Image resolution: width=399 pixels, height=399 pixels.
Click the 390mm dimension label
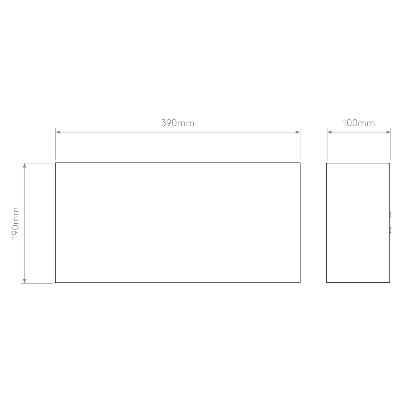pyautogui.click(x=178, y=123)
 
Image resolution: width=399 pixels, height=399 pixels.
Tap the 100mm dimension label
pyautogui.click(x=359, y=123)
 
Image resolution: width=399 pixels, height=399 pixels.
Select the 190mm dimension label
pyautogui.click(x=16, y=223)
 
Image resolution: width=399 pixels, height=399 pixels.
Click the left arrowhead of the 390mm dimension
pyautogui.click(x=58, y=132)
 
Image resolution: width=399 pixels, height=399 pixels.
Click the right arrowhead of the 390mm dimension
pyautogui.click(x=297, y=132)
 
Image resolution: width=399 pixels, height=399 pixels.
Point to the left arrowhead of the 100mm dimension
pyautogui.click(x=330, y=132)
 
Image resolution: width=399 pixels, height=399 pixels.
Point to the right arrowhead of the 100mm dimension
pyautogui.click(x=388, y=132)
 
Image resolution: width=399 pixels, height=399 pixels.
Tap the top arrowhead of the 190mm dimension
pyautogui.click(x=25, y=165)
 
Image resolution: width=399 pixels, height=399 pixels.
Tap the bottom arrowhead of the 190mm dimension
pyautogui.click(x=25, y=281)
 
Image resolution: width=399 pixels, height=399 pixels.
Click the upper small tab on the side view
pyautogui.click(x=390, y=215)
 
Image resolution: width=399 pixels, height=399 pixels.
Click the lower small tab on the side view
pyautogui.click(x=390, y=230)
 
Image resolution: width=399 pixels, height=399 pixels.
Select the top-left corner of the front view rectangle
pyautogui.click(x=55, y=163)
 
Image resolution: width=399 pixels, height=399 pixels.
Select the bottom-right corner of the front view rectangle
pyautogui.click(x=300, y=282)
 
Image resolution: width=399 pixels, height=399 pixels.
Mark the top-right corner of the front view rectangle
pyautogui.click(x=300, y=163)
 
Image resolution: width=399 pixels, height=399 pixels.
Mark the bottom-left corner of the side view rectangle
pyautogui.click(x=327, y=282)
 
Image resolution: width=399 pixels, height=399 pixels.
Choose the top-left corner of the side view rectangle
pyautogui.click(x=327, y=163)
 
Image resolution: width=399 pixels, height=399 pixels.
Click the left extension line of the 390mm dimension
pyautogui.click(x=55, y=144)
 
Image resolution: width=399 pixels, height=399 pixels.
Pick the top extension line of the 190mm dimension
pyautogui.click(x=37, y=163)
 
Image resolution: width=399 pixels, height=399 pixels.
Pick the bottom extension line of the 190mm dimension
pyautogui.click(x=37, y=283)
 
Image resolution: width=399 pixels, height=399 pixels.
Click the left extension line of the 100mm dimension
pyautogui.click(x=327, y=144)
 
